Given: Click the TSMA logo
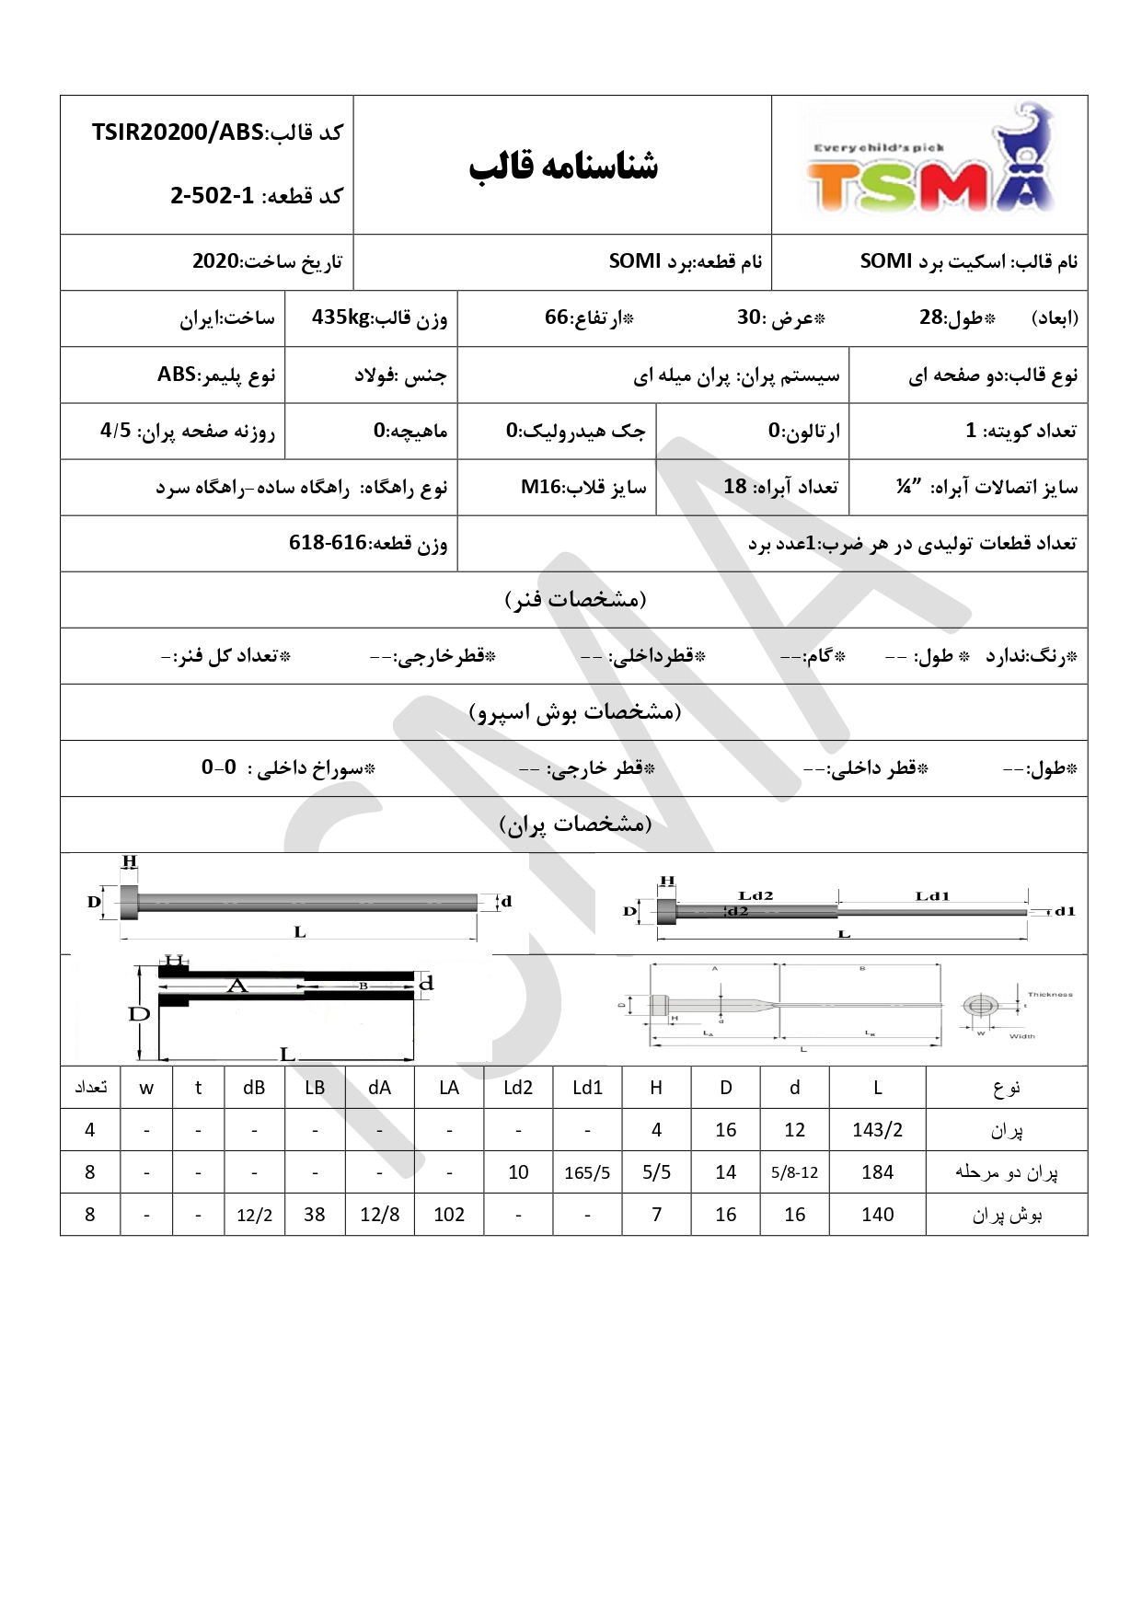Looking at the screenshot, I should tap(929, 164).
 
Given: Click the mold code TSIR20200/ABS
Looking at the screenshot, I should tap(178, 133).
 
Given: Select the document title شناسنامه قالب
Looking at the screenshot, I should tap(563, 167).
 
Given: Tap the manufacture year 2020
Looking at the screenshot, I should tap(215, 261).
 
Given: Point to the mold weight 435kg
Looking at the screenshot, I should tap(340, 318).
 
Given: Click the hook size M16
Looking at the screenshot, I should tap(541, 487).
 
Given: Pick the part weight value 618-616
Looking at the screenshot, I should tap(328, 543).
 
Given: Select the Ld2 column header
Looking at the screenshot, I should tap(518, 1088).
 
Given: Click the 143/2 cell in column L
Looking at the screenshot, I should tap(877, 1130).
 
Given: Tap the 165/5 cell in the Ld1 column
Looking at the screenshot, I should tap(587, 1172).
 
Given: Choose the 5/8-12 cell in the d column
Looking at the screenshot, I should tap(794, 1172).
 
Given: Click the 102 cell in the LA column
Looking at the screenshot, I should tap(449, 1215).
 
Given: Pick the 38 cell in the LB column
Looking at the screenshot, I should tap(315, 1215).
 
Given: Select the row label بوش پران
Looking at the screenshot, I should tap(1007, 1216).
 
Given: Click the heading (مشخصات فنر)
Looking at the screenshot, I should tap(575, 600).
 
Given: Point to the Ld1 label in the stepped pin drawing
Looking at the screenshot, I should tap(932, 895).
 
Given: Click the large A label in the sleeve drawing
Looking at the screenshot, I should tap(237, 986).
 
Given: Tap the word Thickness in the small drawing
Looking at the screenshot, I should tap(1050, 995).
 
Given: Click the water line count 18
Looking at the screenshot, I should tap(734, 487).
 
